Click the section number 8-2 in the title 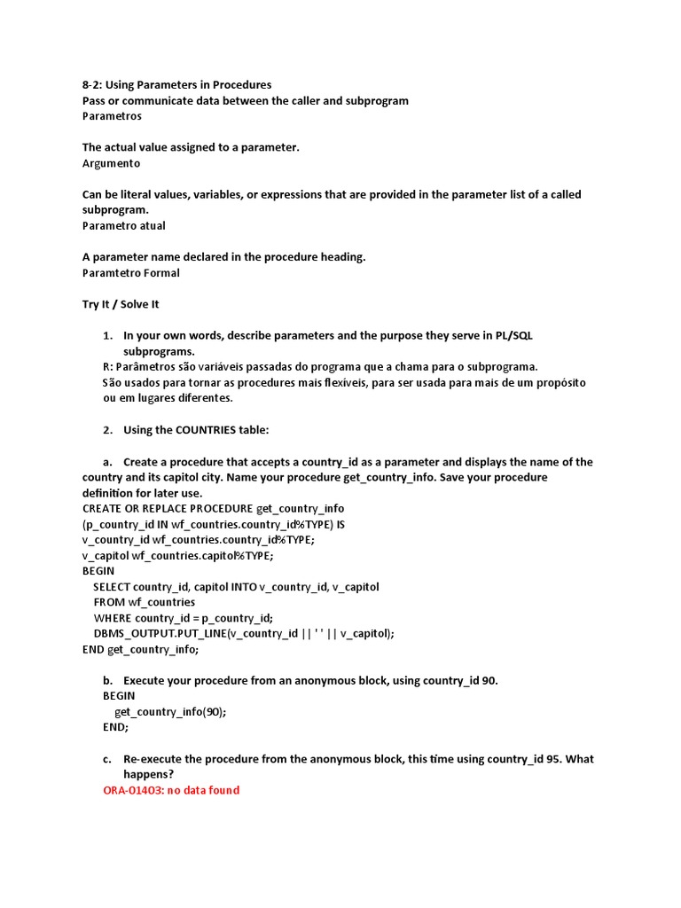[92, 85]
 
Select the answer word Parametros [112, 116]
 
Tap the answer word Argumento [111, 163]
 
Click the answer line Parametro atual [123, 225]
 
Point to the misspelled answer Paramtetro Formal [130, 272]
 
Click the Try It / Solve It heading [121, 304]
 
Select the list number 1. [107, 335]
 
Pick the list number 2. [107, 430]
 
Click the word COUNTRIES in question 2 [205, 430]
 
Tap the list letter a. [107, 462]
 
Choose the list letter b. [107, 680]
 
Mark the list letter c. [107, 759]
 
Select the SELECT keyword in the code [111, 587]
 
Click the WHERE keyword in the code [113, 618]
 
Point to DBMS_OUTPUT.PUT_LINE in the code [160, 633]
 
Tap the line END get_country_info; [140, 649]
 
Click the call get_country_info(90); [170, 711]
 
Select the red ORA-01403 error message [171, 790]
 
